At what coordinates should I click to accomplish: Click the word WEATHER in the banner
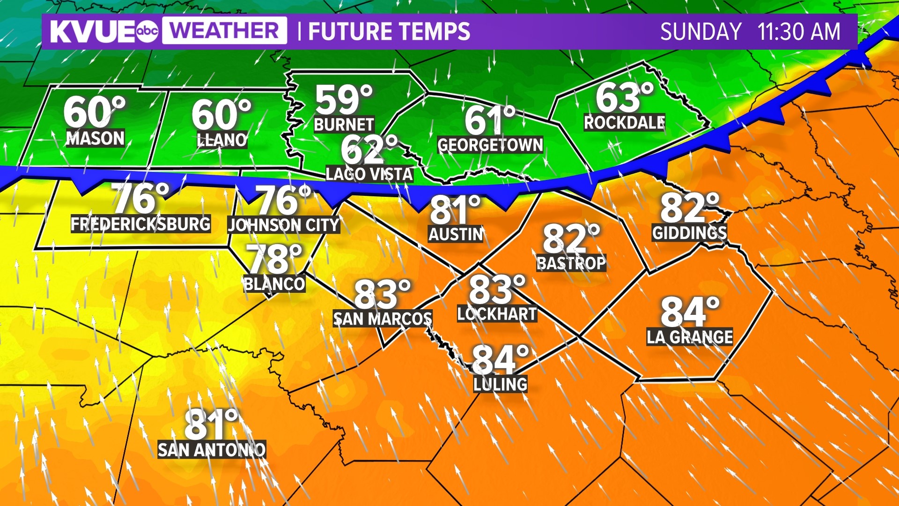pyautogui.click(x=225, y=31)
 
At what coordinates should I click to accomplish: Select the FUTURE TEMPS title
pyautogui.click(x=389, y=32)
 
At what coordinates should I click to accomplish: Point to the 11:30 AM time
pyautogui.click(x=799, y=32)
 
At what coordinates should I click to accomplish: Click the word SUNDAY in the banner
pyautogui.click(x=700, y=32)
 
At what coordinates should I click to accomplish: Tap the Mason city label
pyautogui.click(x=96, y=138)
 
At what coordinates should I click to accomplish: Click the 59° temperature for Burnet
pyautogui.click(x=343, y=99)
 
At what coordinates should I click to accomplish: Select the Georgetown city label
pyautogui.click(x=490, y=145)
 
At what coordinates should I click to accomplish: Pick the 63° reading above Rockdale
pyautogui.click(x=624, y=97)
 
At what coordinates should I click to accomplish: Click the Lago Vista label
pyautogui.click(x=369, y=174)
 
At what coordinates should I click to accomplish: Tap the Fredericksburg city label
pyautogui.click(x=140, y=224)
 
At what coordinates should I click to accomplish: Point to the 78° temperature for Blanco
pyautogui.click(x=275, y=259)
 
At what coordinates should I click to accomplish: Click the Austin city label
pyautogui.click(x=456, y=234)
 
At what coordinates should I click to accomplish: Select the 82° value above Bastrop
pyautogui.click(x=571, y=238)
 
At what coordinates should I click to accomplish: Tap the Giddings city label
pyautogui.click(x=689, y=233)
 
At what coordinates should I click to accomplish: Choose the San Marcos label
pyautogui.click(x=383, y=319)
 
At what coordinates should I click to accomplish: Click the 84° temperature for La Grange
pyautogui.click(x=689, y=312)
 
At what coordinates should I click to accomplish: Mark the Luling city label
pyautogui.click(x=500, y=384)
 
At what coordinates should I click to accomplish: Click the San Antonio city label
pyautogui.click(x=212, y=450)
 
